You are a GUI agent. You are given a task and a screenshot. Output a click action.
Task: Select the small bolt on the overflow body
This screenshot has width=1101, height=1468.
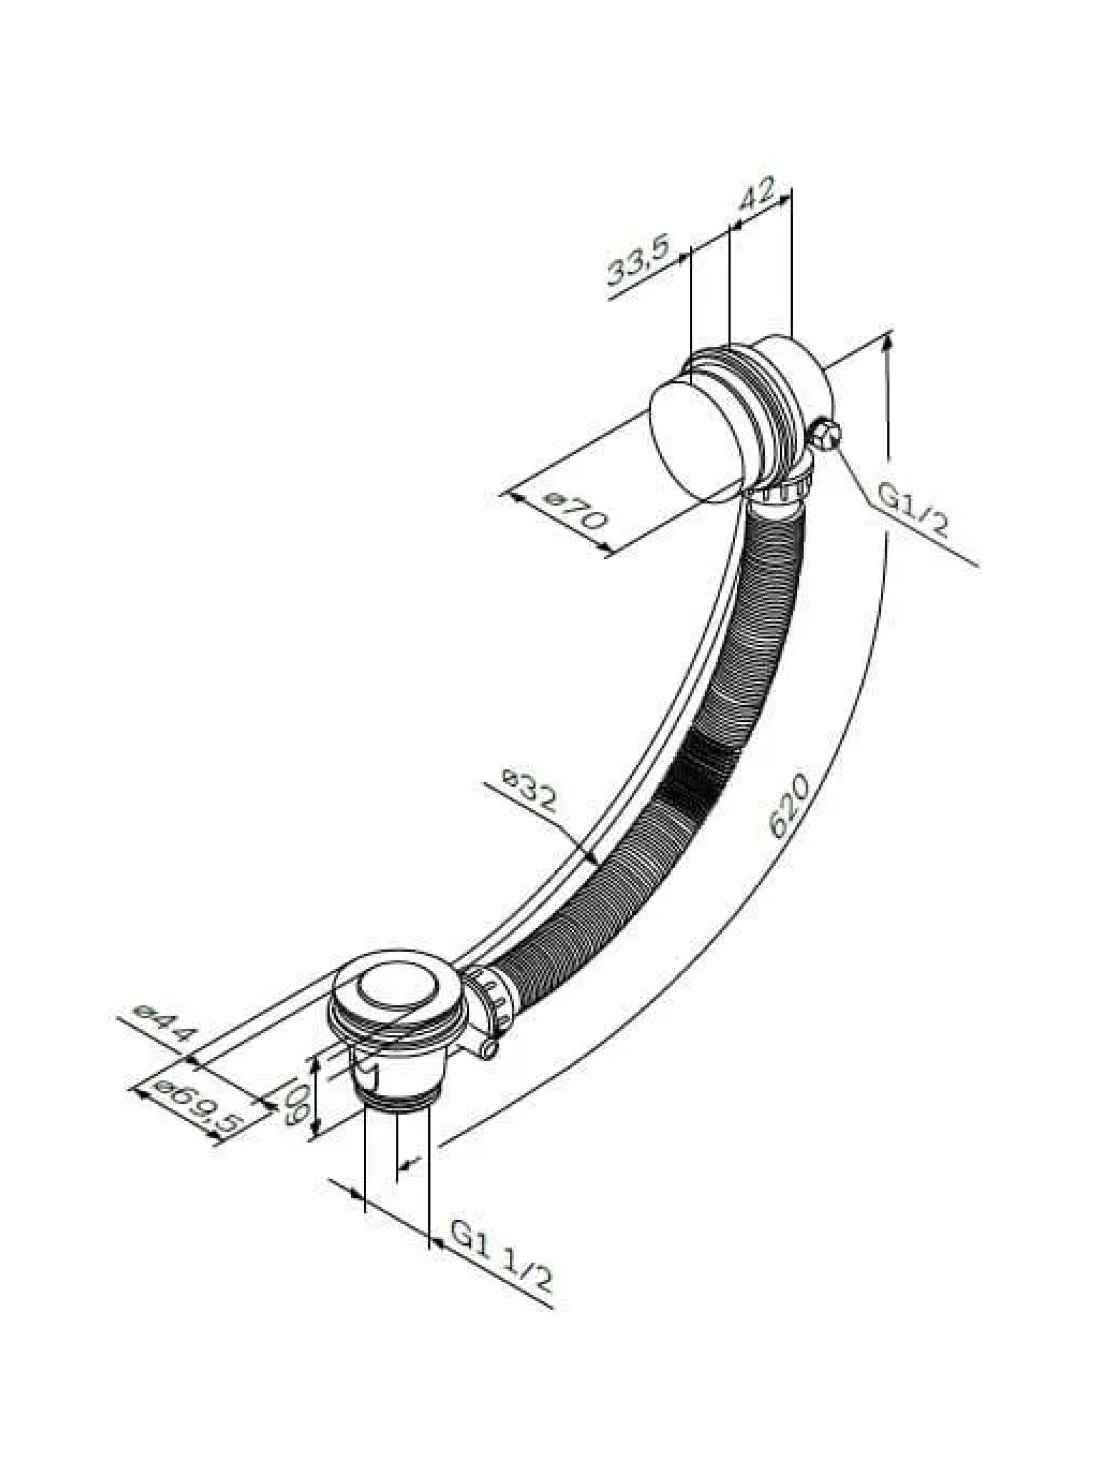point(827,433)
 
